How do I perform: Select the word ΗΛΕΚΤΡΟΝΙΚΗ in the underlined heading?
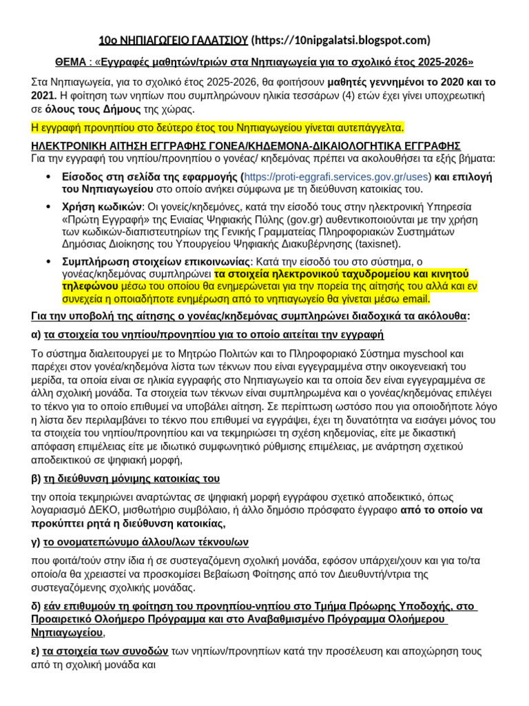coord(73,146)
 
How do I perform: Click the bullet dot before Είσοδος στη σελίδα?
coord(48,176)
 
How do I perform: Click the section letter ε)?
coord(37,651)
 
